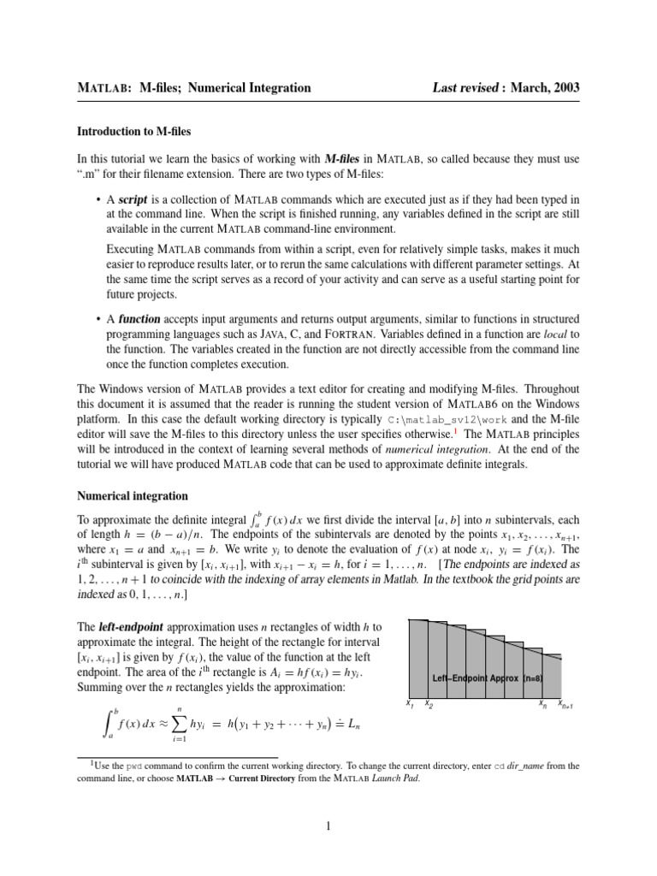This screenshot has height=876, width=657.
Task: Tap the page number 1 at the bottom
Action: click(x=328, y=826)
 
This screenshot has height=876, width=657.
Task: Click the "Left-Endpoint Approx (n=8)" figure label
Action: click(x=488, y=678)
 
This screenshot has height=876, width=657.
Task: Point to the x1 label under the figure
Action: click(x=410, y=705)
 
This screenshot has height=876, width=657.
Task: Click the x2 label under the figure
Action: click(x=429, y=705)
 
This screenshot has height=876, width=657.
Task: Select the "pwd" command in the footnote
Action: click(x=133, y=766)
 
